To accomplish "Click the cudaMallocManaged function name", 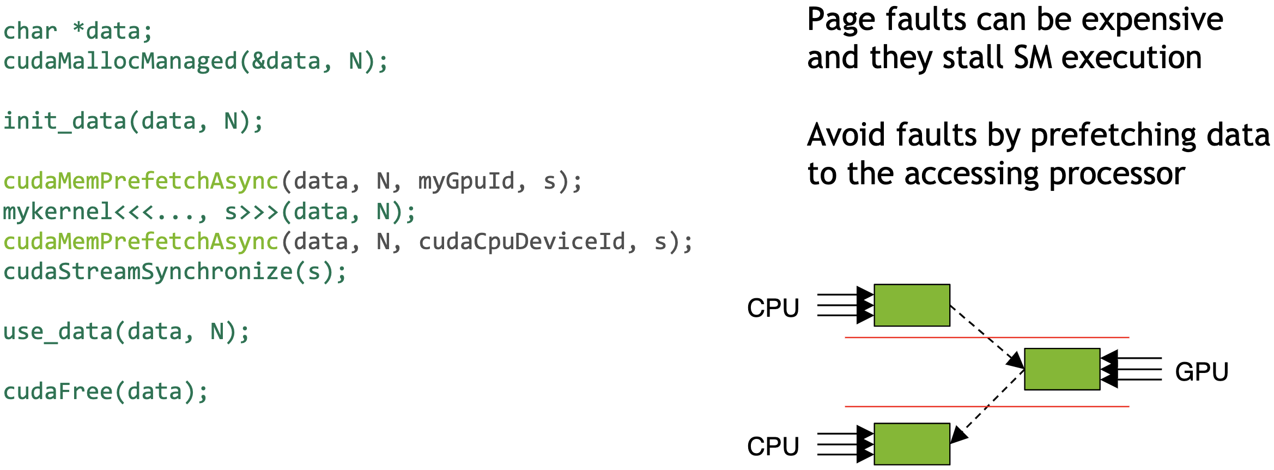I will (x=120, y=61).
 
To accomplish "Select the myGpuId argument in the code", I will (x=466, y=181).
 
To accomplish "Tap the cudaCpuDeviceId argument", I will (x=522, y=242).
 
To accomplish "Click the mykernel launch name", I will (x=58, y=212).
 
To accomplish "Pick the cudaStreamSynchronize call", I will (x=147, y=272).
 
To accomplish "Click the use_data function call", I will (x=57, y=332).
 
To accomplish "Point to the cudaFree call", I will (x=57, y=391).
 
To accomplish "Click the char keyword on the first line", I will (x=30, y=31).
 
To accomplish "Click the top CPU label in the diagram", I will (x=773, y=308).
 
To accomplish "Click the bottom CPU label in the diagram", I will (x=773, y=447).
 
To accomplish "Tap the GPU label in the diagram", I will (x=1202, y=372).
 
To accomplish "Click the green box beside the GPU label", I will (x=1062, y=369).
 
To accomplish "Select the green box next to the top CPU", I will (x=912, y=305).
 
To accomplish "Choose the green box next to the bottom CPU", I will (x=912, y=444).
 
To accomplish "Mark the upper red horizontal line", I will (x=926, y=338).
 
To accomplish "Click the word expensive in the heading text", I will (x=1152, y=21).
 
